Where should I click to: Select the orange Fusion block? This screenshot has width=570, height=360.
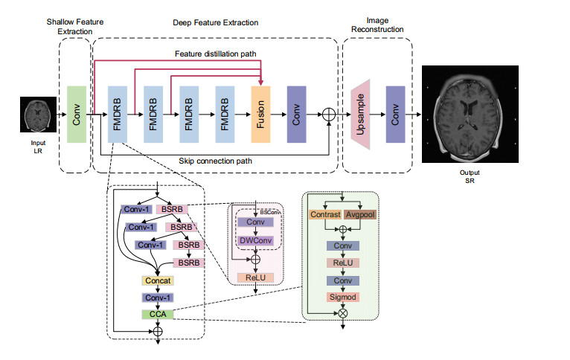tap(260, 115)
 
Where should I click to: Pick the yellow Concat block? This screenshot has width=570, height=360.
tap(158, 281)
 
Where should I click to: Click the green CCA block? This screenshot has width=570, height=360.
tap(158, 315)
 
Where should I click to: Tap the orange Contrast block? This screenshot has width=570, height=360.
tap(325, 215)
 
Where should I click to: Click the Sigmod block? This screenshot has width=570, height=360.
tap(343, 298)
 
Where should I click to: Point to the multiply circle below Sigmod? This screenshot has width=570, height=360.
tap(343, 314)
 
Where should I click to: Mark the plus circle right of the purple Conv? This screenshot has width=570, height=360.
tap(329, 115)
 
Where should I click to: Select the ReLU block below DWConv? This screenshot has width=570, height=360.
tap(255, 277)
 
